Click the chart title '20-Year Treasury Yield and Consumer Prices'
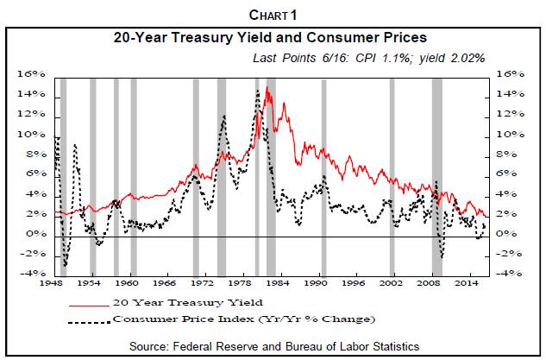[272, 38]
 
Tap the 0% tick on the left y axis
[35, 234]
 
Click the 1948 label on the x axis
[55, 283]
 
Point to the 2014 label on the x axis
[468, 283]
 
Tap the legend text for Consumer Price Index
[244, 319]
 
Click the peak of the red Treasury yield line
[267, 88]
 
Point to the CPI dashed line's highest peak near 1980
[257, 90]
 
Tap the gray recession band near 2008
[436, 173]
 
